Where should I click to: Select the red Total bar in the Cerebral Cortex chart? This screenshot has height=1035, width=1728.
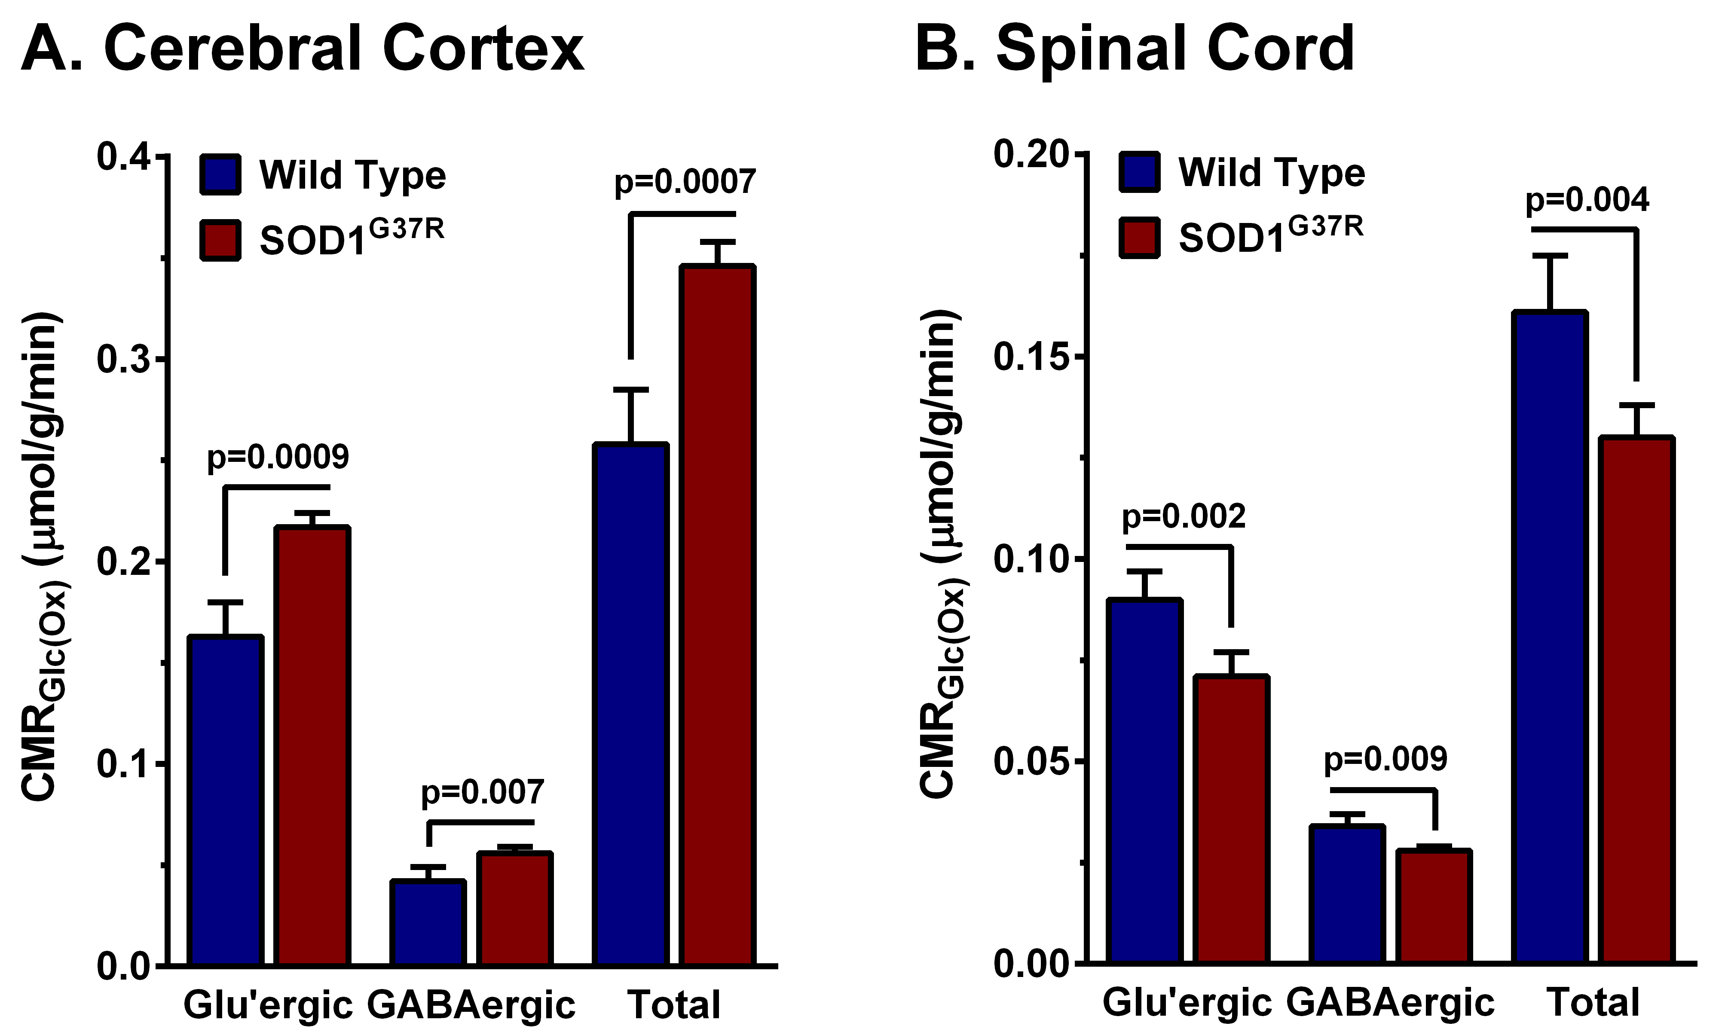tap(718, 614)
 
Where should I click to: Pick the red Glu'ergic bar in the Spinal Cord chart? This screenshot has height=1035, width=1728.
tap(1231, 819)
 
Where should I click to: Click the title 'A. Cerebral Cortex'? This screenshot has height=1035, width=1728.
tap(302, 49)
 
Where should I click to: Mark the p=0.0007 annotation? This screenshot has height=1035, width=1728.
tap(684, 182)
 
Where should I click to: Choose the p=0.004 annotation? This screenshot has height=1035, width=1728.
tap(1587, 200)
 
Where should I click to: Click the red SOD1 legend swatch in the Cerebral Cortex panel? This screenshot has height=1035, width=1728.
tap(220, 241)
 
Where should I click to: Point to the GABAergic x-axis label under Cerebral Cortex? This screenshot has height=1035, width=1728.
tap(471, 1005)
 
